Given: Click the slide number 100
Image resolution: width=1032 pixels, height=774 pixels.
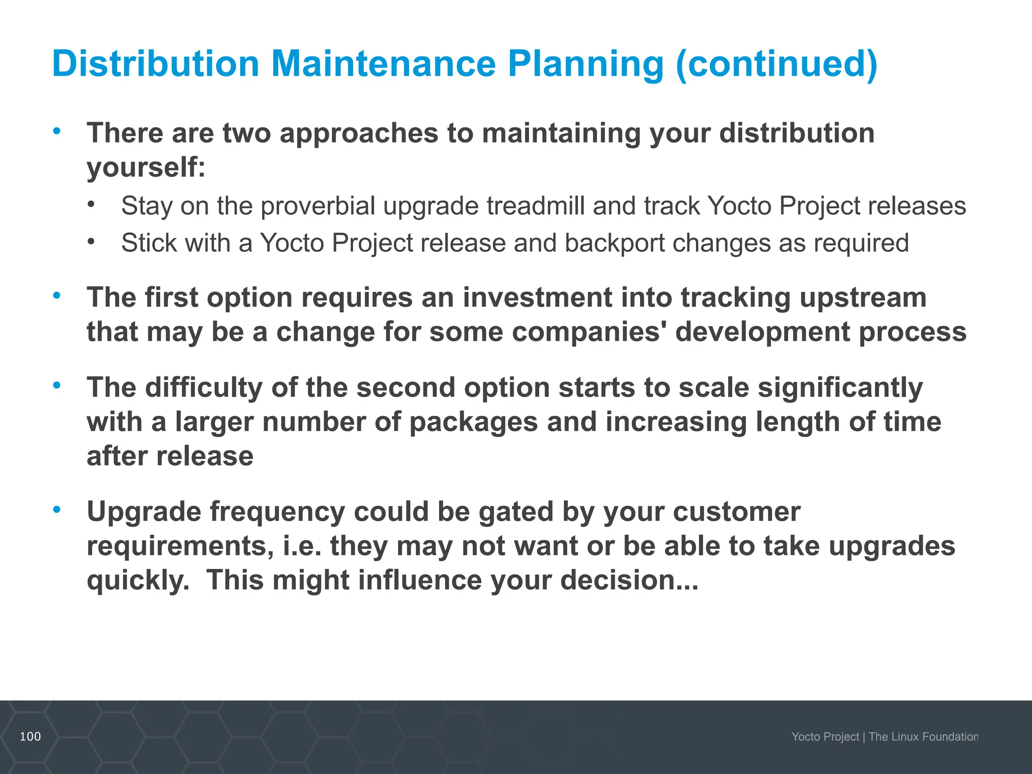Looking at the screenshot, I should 30,736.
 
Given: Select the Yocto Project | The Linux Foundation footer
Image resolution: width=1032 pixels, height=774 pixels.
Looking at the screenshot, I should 884,737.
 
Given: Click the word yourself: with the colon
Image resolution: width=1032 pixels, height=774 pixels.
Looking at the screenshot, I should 146,167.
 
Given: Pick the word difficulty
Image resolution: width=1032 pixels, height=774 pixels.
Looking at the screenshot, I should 204,388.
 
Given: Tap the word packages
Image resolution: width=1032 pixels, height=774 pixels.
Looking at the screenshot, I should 473,422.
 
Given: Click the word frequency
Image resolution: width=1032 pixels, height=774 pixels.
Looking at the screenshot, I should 277,511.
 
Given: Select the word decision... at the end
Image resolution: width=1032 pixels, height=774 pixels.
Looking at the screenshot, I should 629,580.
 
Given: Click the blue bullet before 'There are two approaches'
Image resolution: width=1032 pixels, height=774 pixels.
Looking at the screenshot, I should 57,131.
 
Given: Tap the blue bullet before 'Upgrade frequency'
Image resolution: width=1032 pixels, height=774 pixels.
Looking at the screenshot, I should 57,509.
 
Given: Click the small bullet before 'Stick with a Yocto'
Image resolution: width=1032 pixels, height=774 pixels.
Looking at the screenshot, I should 91,242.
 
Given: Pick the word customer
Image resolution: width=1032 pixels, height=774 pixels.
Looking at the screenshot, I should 736,511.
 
